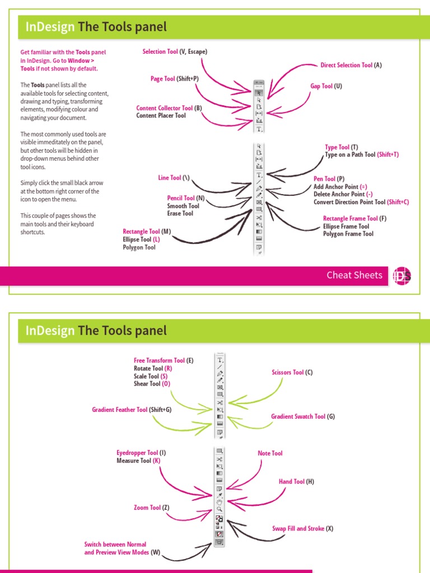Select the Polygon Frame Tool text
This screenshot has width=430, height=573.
pyautogui.click(x=348, y=234)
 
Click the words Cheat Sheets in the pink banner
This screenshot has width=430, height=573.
pyautogui.click(x=354, y=275)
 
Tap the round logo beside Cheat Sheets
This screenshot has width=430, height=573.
pyautogui.click(x=401, y=275)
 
